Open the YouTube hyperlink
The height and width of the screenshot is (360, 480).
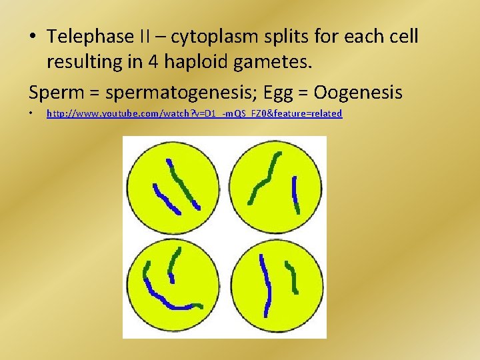194,114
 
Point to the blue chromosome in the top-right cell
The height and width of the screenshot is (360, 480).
295,193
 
